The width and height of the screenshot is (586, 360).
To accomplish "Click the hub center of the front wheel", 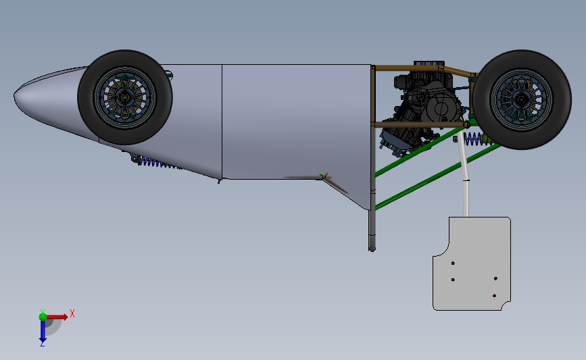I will click(x=125, y=97).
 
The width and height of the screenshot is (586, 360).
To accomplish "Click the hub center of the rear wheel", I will click(x=521, y=100).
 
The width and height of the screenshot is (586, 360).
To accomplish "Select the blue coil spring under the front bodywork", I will click(x=157, y=163).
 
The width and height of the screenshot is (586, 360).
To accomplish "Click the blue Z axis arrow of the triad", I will click(x=43, y=330).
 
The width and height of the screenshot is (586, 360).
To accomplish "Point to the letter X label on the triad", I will click(x=72, y=313).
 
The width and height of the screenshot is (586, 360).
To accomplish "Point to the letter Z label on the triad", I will click(x=42, y=344).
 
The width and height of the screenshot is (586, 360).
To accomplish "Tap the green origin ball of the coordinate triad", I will click(x=43, y=315).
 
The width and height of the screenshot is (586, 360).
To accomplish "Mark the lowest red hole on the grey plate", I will click(x=495, y=296).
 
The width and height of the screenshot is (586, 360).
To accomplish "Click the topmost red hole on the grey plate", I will click(x=454, y=262).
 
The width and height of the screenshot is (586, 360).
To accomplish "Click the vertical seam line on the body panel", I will click(x=222, y=122).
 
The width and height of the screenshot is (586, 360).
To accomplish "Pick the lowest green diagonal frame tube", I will click(x=433, y=177).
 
